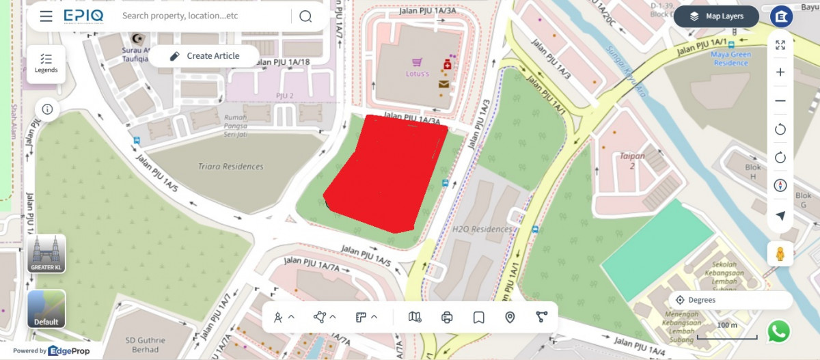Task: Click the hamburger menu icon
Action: (46, 16)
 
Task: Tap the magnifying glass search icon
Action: (305, 16)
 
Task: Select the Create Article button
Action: (204, 56)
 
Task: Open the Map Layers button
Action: (716, 16)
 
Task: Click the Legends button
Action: (46, 64)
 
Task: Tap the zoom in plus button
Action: (780, 72)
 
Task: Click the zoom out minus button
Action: (780, 101)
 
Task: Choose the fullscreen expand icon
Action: (780, 45)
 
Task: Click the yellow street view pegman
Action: (780, 254)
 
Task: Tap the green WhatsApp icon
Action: (778, 331)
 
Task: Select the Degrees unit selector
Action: (731, 300)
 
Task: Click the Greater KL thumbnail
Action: (46, 253)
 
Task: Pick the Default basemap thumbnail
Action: (46, 309)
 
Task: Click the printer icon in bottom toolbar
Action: (447, 317)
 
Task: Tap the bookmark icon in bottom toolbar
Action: (478, 317)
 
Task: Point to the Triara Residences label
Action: (230, 167)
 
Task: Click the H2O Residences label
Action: (482, 230)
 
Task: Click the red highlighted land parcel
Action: (386, 174)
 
